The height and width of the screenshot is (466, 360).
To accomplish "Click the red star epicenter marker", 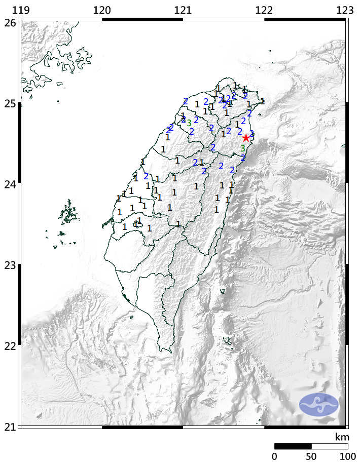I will click(x=246, y=138).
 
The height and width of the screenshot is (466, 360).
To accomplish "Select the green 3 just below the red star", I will click(x=243, y=148).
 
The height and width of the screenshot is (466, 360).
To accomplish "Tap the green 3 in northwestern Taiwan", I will click(x=189, y=123).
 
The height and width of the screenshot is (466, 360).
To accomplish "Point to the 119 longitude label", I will click(x=20, y=10).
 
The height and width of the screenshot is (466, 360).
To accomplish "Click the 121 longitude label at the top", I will click(x=183, y=10).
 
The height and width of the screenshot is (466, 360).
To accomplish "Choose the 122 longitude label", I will click(x=264, y=10).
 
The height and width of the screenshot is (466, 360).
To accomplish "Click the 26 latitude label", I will click(x=9, y=22).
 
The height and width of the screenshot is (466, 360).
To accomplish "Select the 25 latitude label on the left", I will click(x=9, y=103).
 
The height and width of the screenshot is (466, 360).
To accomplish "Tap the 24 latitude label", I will click(x=9, y=184).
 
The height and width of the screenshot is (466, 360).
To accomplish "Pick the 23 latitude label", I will click(x=9, y=264).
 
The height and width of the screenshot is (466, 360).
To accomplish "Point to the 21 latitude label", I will click(x=9, y=426).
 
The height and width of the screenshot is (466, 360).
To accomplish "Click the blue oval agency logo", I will click(x=318, y=404).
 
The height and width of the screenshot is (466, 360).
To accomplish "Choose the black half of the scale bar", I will click(x=293, y=446).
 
